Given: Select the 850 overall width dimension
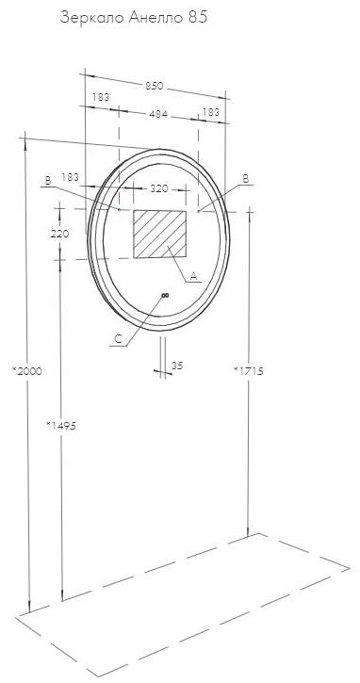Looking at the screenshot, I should (x=154, y=85).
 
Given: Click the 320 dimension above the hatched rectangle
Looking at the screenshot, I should (x=160, y=188).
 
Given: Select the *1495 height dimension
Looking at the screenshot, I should (x=60, y=426).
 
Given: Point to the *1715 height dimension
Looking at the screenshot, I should (x=248, y=371).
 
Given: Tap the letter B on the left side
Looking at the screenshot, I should (x=47, y=179).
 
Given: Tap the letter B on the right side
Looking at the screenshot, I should (x=245, y=178).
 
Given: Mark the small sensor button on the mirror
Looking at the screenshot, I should (x=164, y=297).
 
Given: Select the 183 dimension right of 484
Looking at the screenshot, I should (x=211, y=112).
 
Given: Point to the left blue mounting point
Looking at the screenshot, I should (x=121, y=209).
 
